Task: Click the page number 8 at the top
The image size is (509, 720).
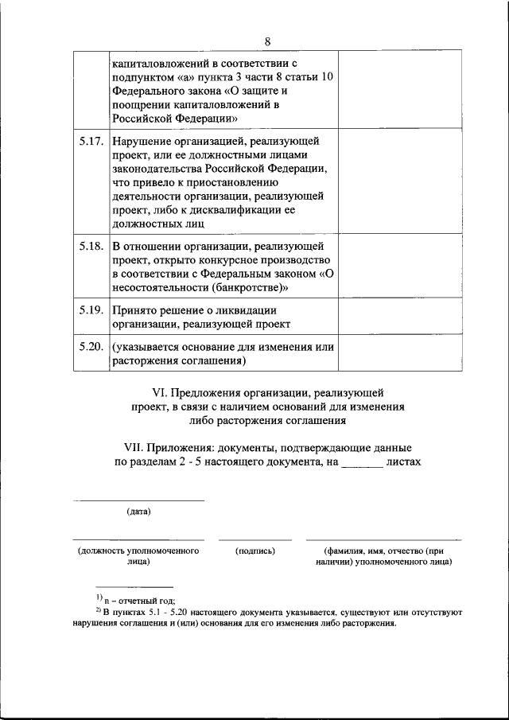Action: click(267, 41)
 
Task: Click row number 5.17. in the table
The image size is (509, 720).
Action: click(91, 142)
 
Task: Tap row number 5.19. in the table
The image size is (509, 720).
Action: click(91, 310)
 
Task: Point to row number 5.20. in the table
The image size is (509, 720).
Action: click(91, 347)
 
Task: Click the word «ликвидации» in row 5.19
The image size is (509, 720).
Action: click(249, 310)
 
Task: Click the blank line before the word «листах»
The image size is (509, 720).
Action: click(362, 463)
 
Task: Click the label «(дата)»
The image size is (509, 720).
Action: click(138, 511)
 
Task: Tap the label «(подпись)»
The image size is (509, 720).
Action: click(255, 551)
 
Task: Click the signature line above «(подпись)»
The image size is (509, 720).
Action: click(255, 540)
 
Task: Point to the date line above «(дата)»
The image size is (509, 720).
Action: click(138, 500)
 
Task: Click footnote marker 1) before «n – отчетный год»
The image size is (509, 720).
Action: click(98, 597)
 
